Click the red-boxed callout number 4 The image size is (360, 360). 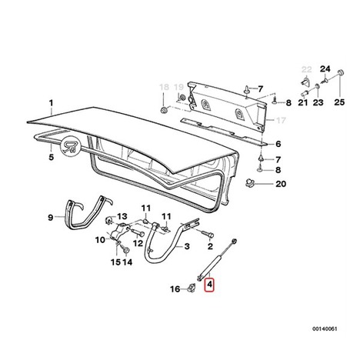point(210,285)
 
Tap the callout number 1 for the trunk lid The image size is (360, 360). point(52,103)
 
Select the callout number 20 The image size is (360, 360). point(281,184)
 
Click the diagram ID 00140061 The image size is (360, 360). point(325,328)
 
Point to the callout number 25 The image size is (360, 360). point(339,102)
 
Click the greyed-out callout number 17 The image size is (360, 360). point(280,120)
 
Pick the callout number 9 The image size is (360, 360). point(51,218)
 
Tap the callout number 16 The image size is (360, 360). point(175,289)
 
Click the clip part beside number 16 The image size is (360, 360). point(192,288)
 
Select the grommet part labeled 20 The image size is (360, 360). point(249,182)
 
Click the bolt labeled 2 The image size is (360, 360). point(207,234)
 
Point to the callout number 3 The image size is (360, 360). point(187,246)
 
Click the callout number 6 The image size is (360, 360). point(278,144)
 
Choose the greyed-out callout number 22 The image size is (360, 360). point(307,69)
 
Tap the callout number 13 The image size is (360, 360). point(122,216)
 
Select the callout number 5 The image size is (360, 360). point(52,157)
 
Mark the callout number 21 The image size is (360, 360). point(303,102)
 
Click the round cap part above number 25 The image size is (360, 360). point(341,72)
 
